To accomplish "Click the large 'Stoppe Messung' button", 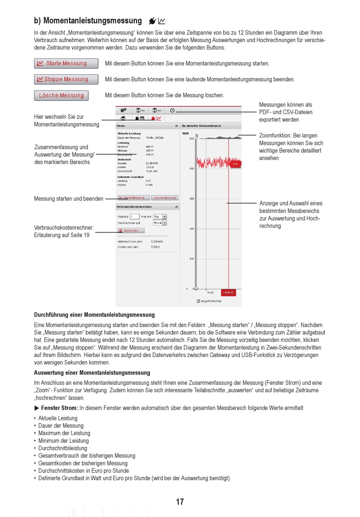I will click(66, 79).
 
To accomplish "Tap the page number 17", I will click(180, 502).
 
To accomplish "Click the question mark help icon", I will click(172, 110).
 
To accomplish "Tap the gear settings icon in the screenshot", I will click(124, 110).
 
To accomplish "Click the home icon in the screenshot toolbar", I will click(123, 118).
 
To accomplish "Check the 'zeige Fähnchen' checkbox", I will click(199, 301).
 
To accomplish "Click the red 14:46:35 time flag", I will click(229, 292).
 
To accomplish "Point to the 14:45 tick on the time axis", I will click(210, 292).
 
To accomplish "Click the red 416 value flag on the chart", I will click(235, 164).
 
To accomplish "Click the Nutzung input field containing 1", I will click(135, 216).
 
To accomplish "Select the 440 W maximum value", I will click(150, 147).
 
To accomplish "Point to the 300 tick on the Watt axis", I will click(192, 199).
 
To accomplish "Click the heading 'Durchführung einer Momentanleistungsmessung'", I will click(94, 315).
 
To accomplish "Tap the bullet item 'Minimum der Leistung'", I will click(63, 440).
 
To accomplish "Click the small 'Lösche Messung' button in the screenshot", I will click(165, 197).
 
